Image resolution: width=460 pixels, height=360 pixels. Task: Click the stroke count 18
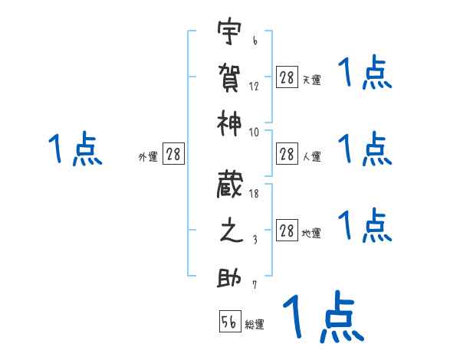pos(254,194)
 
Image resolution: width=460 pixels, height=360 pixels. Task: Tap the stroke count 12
pos(254,87)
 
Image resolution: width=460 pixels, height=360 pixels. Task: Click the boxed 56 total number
pos(229,322)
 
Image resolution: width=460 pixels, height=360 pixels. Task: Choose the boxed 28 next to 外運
pos(173,154)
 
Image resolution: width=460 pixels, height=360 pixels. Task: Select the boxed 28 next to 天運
pos(287,77)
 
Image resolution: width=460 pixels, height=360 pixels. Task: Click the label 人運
pos(312,156)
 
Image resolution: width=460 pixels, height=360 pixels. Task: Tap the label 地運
pos(312,233)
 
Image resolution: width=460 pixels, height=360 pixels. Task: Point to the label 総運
pos(255,325)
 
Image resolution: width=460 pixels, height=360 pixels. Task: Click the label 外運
pos(148,156)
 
